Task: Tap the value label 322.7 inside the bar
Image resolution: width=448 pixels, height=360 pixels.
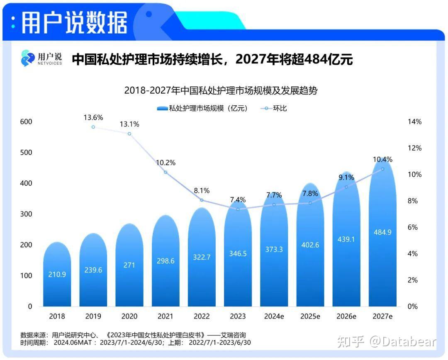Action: (202, 257)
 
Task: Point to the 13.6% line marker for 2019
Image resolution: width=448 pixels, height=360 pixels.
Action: (93, 127)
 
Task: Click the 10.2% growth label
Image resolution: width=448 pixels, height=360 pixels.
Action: (166, 163)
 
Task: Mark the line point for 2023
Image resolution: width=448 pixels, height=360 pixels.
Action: (238, 209)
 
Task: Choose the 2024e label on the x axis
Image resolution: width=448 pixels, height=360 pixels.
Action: (274, 316)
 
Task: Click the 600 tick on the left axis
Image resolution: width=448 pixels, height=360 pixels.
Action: (26, 122)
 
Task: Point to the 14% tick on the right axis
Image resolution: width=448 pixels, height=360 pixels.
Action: (414, 122)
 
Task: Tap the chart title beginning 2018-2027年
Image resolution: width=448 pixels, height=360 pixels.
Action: (224, 90)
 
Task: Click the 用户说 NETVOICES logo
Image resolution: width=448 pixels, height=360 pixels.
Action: (41, 58)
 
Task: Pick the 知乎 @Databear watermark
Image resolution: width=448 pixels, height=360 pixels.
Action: (386, 342)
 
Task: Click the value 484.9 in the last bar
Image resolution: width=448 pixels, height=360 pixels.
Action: (382, 232)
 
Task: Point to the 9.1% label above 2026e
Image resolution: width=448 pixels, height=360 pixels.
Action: (346, 178)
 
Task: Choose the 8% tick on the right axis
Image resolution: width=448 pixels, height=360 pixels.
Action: (413, 201)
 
